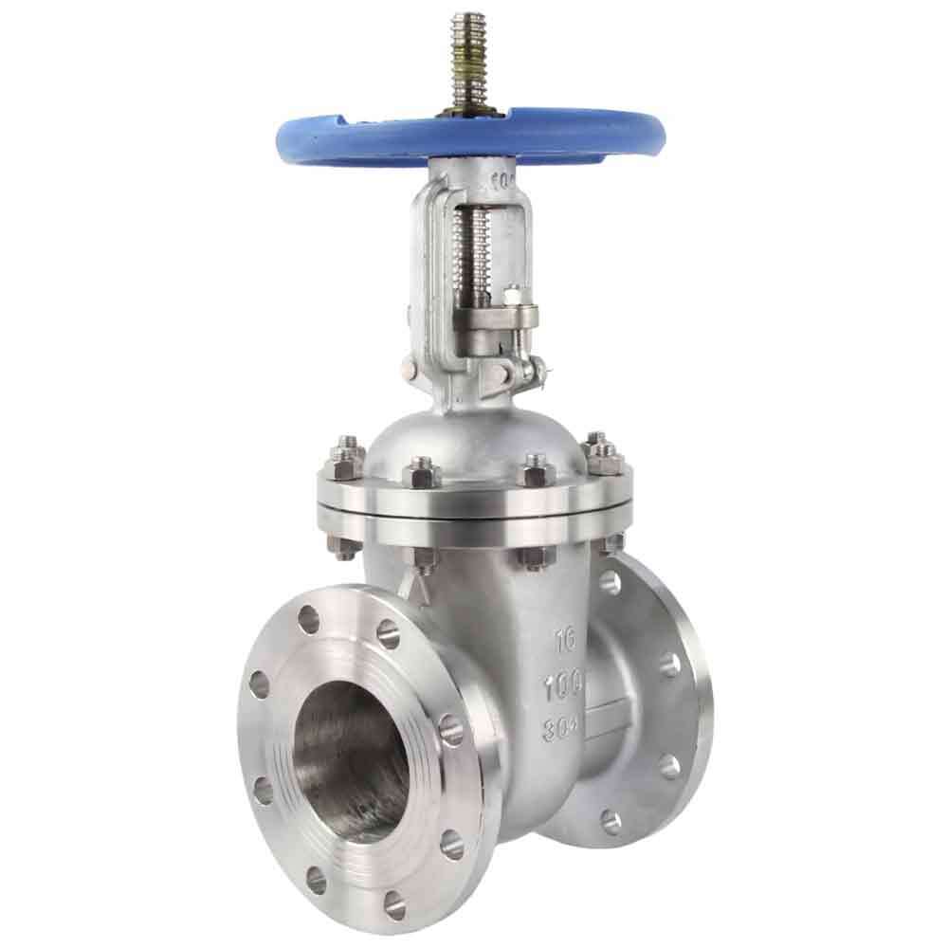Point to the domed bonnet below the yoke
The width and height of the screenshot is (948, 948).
coord(474,436)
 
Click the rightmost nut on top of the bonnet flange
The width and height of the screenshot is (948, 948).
coord(601,455)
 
